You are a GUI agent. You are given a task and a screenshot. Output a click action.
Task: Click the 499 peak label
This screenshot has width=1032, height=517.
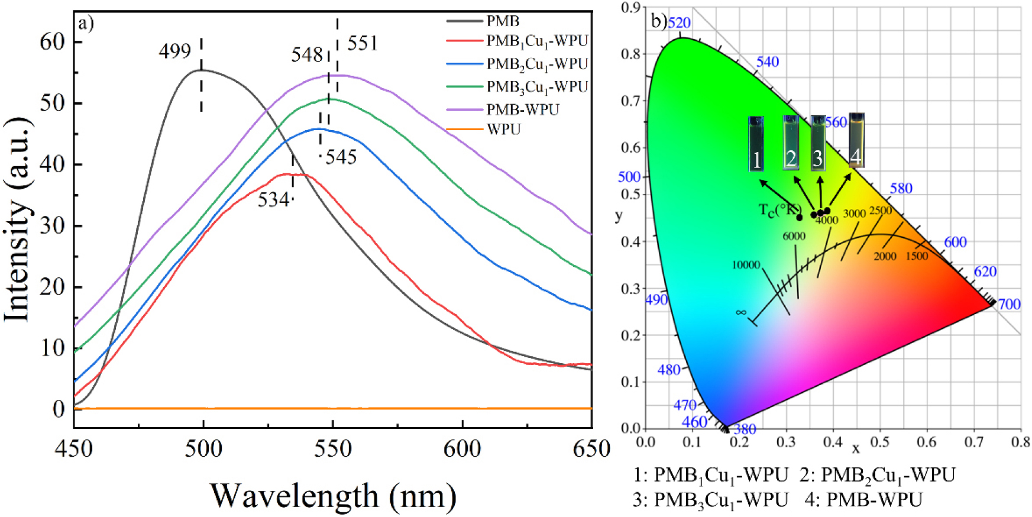pyautogui.click(x=174, y=52)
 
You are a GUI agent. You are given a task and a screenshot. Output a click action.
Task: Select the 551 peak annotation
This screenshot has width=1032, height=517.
pyautogui.click(x=362, y=43)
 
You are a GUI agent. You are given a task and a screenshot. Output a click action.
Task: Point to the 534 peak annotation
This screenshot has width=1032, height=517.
pyautogui.click(x=273, y=200)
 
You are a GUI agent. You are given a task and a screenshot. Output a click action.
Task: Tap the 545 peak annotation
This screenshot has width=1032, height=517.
pyautogui.click(x=341, y=157)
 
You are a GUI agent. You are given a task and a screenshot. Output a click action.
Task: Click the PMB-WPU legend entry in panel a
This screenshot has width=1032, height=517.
pyautogui.click(x=523, y=109)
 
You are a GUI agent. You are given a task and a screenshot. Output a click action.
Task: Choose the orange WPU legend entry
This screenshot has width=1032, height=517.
pyautogui.click(x=503, y=130)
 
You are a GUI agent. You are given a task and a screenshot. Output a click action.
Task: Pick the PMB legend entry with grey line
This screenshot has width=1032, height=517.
pyautogui.click(x=503, y=21)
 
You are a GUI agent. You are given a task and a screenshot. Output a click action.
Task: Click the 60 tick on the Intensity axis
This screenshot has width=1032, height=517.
pyautogui.click(x=52, y=42)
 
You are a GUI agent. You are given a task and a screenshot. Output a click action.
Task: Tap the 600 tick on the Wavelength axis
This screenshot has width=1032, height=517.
pyautogui.click(x=462, y=449)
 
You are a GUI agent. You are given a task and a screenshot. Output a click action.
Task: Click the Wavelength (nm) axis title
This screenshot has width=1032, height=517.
pyautogui.click(x=333, y=496)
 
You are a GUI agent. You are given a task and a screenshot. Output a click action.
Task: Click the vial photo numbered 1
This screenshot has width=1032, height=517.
pyautogui.click(x=756, y=144)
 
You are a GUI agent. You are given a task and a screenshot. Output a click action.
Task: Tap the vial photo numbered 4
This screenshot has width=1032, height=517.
pyautogui.click(x=856, y=140)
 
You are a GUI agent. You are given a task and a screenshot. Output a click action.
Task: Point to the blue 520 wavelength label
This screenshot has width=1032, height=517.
pyautogui.click(x=679, y=23)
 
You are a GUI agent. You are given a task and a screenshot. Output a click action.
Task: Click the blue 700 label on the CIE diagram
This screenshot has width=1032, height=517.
pyautogui.click(x=1009, y=304)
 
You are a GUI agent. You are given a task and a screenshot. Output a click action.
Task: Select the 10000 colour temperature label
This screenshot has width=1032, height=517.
pyautogui.click(x=746, y=265)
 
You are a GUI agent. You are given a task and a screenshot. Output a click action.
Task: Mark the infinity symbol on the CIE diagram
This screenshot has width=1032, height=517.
pyautogui.click(x=740, y=312)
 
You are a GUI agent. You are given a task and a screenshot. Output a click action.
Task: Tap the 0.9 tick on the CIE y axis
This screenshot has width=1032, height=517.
pyautogui.click(x=631, y=7)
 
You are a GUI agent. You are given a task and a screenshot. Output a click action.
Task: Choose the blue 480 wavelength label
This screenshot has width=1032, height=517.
pyautogui.click(x=669, y=370)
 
